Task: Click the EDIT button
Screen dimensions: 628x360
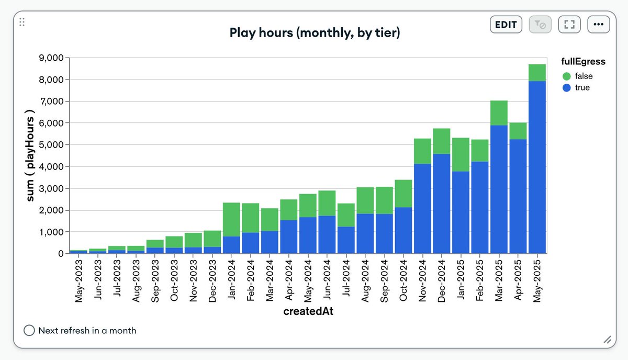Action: pyautogui.click(x=506, y=25)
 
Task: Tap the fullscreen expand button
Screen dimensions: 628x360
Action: pyautogui.click(x=569, y=25)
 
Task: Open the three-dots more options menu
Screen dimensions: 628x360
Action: pyautogui.click(x=598, y=25)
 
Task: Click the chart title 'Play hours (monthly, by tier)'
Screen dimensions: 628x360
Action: pyautogui.click(x=315, y=32)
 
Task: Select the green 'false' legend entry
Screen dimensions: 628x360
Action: pyautogui.click(x=578, y=76)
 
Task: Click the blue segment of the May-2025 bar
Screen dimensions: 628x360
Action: pyautogui.click(x=537, y=167)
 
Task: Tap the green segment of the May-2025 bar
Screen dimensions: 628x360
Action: pyautogui.click(x=537, y=73)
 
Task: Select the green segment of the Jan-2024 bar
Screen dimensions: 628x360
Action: pyautogui.click(x=231, y=220)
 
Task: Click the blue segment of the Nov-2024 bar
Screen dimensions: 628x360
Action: pyautogui.click(x=422, y=209)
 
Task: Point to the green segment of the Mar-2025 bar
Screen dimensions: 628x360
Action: pyautogui.click(x=499, y=113)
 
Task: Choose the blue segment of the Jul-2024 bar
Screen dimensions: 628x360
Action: pyautogui.click(x=346, y=240)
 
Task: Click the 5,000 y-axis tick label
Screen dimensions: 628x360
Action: pyautogui.click(x=51, y=144)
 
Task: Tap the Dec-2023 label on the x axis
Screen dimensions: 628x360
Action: pyautogui.click(x=212, y=281)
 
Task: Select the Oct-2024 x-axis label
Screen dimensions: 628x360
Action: pyautogui.click(x=403, y=280)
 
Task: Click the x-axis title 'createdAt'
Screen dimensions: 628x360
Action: pyautogui.click(x=308, y=311)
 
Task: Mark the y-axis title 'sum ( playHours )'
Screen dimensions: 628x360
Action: pyautogui.click(x=30, y=155)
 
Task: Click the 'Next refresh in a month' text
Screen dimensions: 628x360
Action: pyautogui.click(x=87, y=331)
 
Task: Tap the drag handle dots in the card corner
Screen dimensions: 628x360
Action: pyautogui.click(x=22, y=22)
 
